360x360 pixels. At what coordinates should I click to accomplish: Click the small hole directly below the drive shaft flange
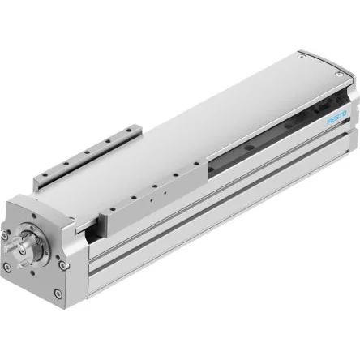[x=32, y=271]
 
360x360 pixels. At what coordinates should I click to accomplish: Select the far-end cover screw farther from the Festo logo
[x=301, y=56]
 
